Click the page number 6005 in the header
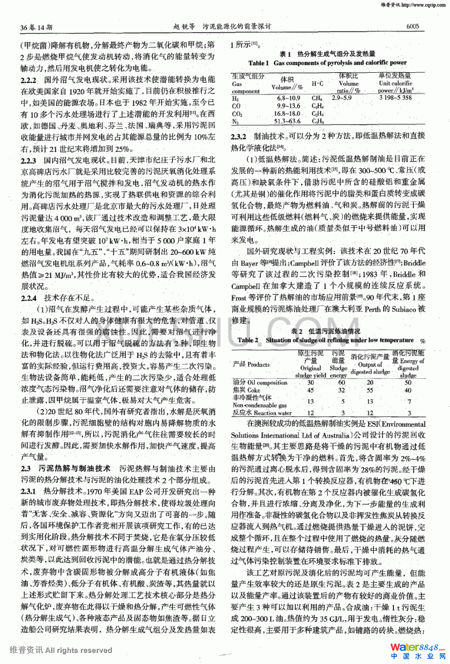click(x=412, y=26)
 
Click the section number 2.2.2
click(x=28, y=80)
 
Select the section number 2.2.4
click(x=28, y=298)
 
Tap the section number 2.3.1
click(x=28, y=491)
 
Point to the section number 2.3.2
click(x=238, y=137)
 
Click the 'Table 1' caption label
click(x=258, y=63)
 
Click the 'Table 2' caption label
click(x=248, y=340)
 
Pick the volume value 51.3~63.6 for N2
click(x=287, y=121)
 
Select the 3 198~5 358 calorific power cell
click(x=395, y=98)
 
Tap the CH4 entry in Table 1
click(x=317, y=98)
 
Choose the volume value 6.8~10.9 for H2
click(x=289, y=98)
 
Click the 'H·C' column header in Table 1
click(x=318, y=83)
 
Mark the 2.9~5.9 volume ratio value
click(x=341, y=98)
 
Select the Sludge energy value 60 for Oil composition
click(x=341, y=383)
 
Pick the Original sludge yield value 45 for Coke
click(x=310, y=390)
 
